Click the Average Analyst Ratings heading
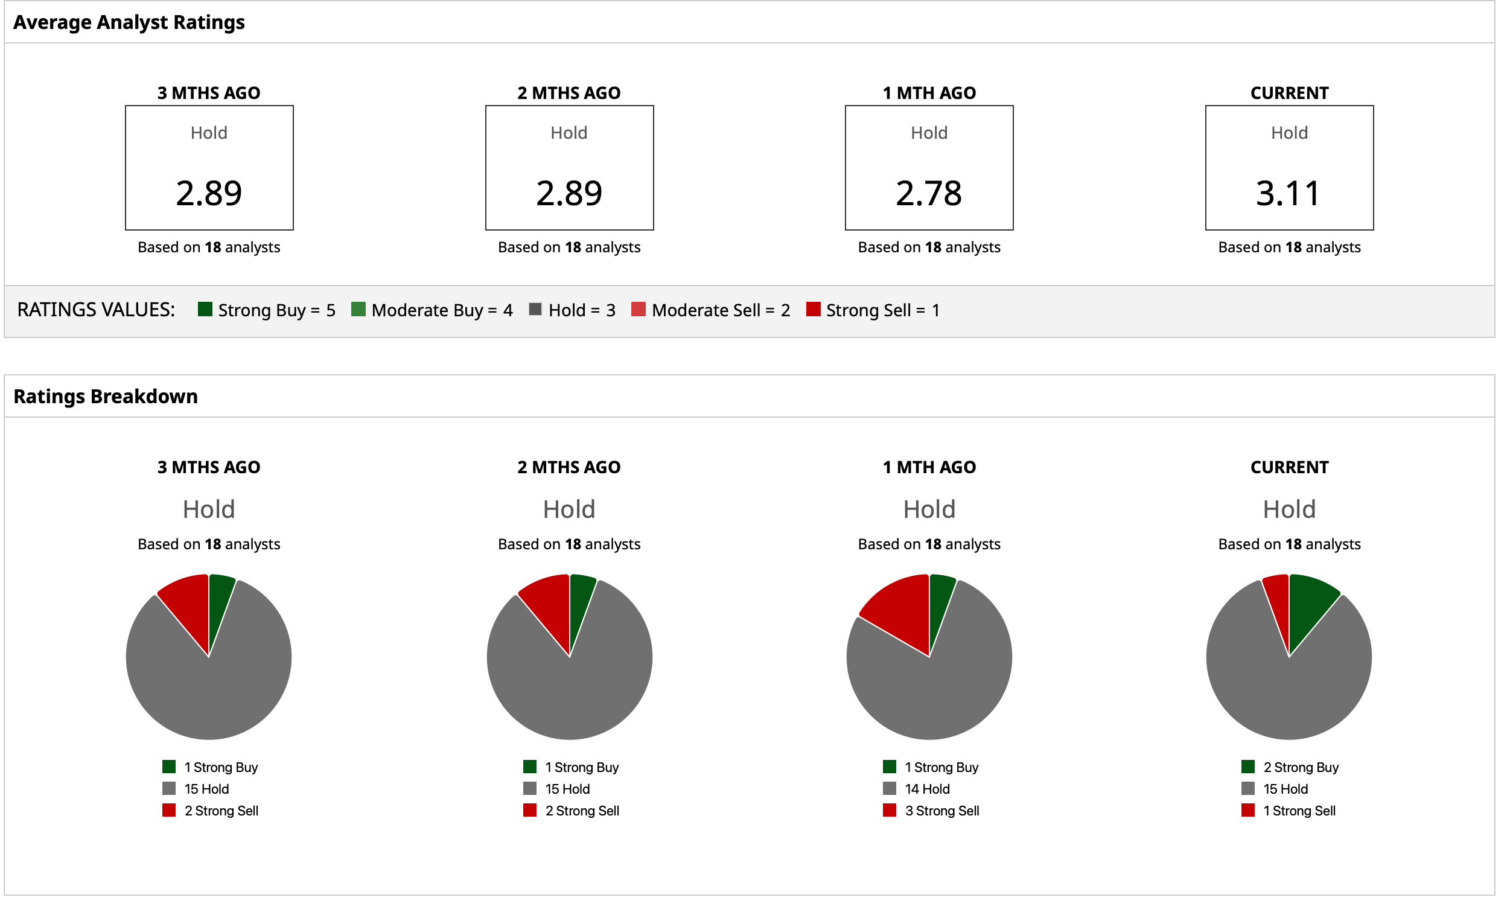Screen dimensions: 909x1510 129,22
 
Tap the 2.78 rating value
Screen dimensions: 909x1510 928,194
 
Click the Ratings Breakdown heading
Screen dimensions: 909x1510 106,397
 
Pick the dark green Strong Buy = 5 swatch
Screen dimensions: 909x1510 205,308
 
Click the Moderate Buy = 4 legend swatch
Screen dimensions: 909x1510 358,308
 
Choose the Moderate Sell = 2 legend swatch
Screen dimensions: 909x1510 638,308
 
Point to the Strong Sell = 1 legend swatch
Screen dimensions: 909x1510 812,308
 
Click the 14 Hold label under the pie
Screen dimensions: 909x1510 926,788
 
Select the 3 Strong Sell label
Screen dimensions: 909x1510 941,811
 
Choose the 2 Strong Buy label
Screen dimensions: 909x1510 1300,767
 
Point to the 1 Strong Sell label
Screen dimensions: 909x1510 1298,811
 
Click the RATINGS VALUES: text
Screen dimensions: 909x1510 96,309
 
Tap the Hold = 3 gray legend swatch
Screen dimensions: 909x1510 535,308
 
